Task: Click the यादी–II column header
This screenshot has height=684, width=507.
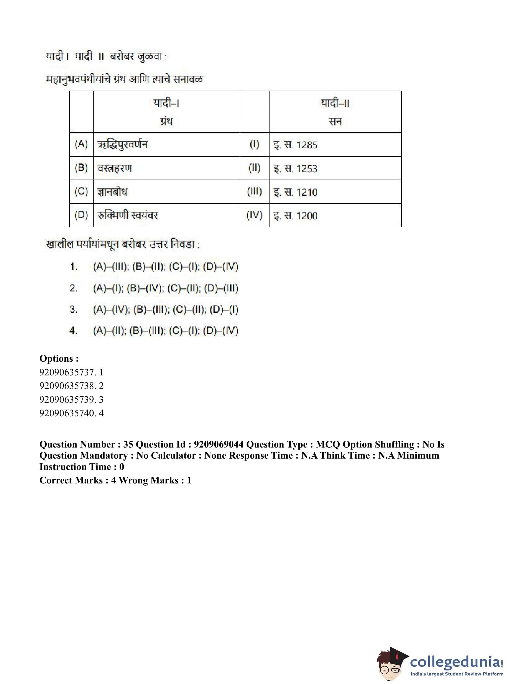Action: (x=335, y=103)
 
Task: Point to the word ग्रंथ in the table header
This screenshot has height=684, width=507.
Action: (x=166, y=122)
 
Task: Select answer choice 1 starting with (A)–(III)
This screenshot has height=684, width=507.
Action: (x=165, y=267)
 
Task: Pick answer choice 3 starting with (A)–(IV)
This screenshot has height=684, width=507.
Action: (x=165, y=309)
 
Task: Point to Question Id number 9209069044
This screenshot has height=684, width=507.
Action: (x=219, y=444)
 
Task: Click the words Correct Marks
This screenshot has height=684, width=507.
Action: (x=71, y=480)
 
